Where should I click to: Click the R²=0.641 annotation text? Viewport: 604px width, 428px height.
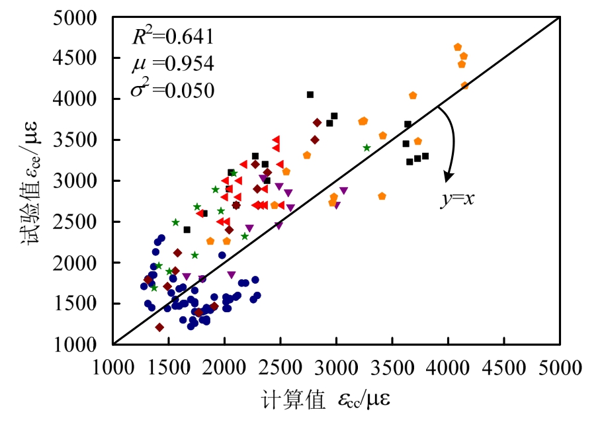pos(173,38)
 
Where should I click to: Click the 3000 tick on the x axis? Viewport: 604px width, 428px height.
pos(336,366)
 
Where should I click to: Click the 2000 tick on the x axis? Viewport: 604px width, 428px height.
pos(224,366)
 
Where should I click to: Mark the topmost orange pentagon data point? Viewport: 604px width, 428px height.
pos(458,47)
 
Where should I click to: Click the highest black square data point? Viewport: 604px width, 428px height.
pos(310,95)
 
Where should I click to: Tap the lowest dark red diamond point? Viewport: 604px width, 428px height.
pos(159,327)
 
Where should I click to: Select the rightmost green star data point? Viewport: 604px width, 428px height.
pos(367,148)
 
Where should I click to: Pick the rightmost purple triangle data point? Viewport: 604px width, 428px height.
pos(343,191)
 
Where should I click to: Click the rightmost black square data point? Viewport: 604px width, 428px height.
pos(425,156)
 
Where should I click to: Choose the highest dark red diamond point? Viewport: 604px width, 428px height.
pos(318,122)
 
